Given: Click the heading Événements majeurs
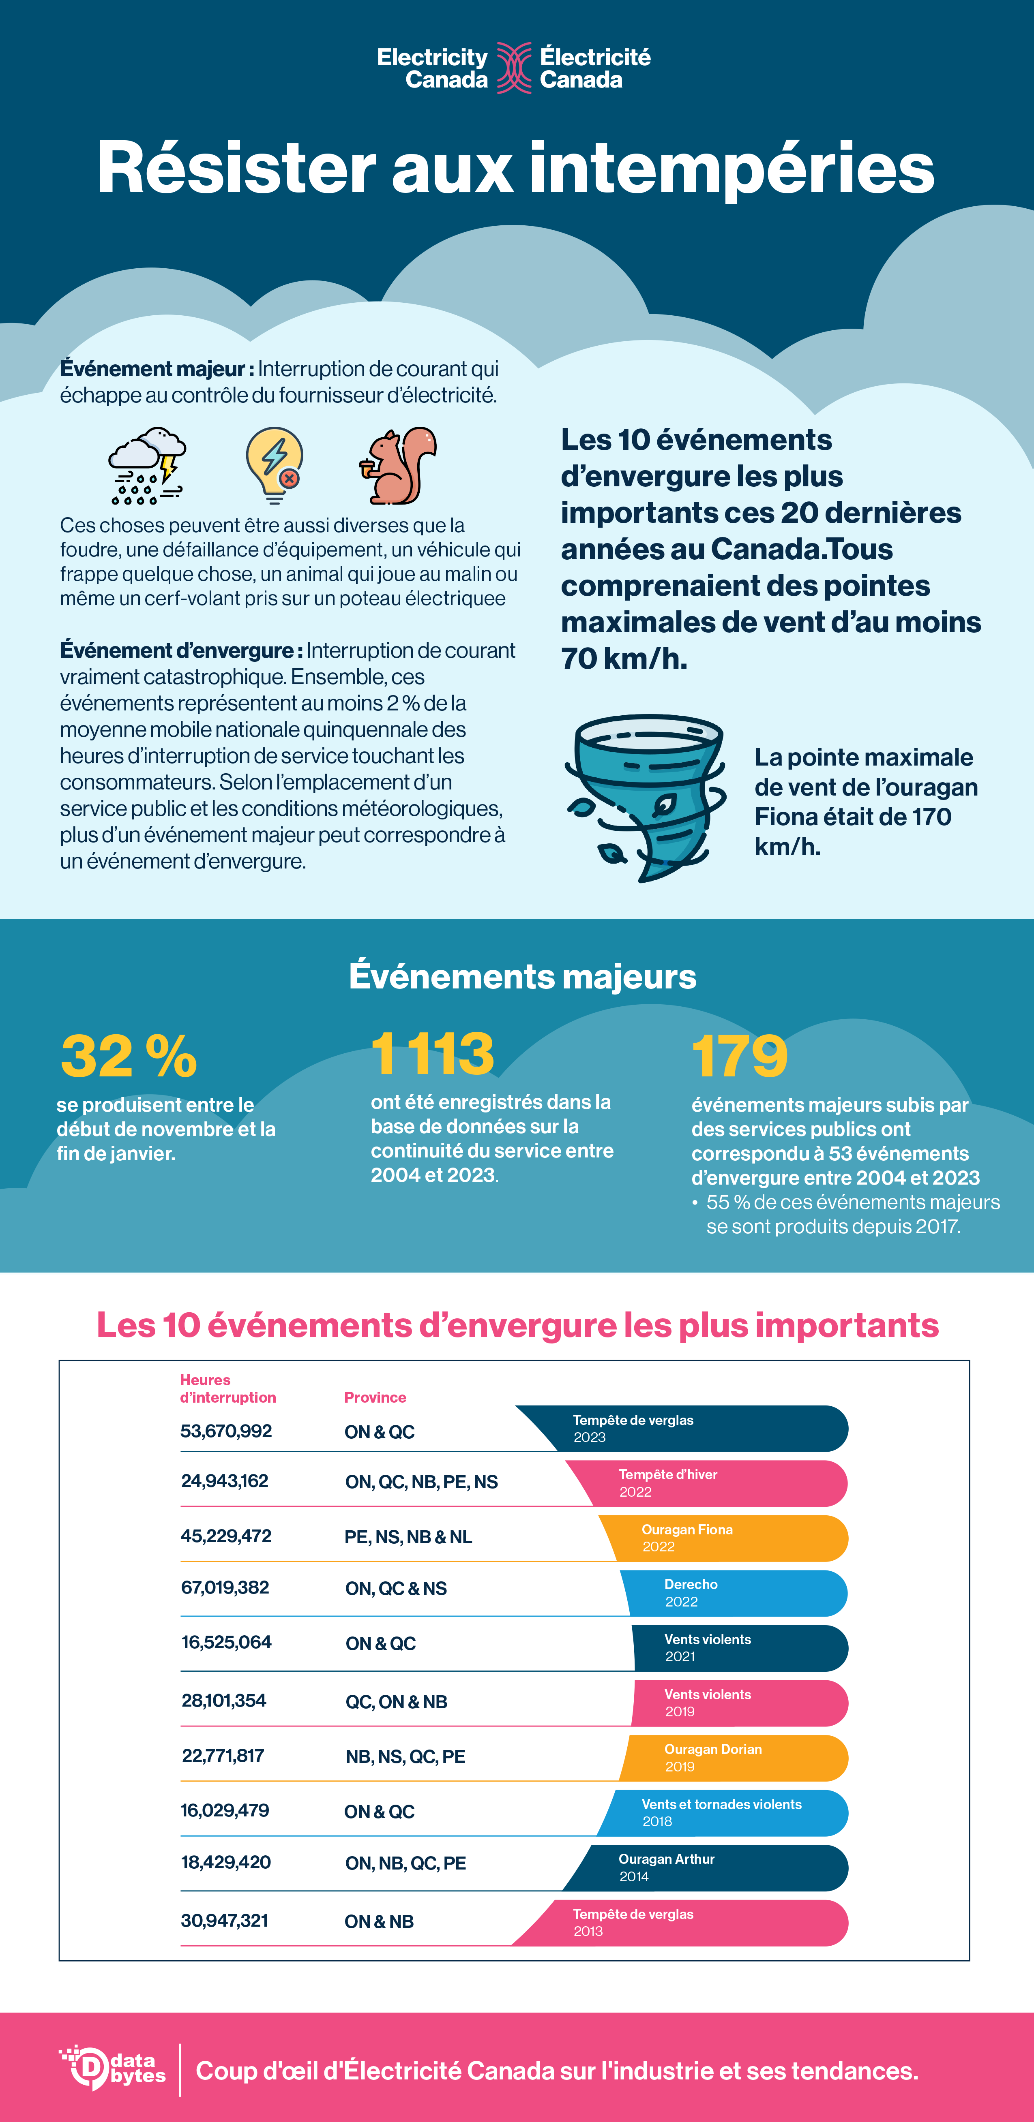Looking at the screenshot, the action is point(522,977).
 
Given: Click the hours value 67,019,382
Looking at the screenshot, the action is point(225,1587).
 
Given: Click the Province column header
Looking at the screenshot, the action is point(375,1397).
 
